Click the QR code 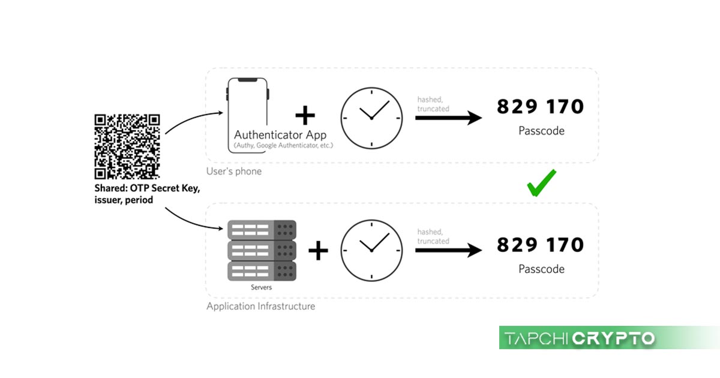point(127,146)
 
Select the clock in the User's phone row point(371,118)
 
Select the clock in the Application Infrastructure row point(371,251)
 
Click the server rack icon point(262,250)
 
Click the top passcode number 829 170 point(540,107)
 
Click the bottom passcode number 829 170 point(540,245)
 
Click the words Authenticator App point(280,134)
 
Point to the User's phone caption point(234,172)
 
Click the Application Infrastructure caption point(260,307)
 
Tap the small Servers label point(261,287)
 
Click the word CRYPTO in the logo point(613,338)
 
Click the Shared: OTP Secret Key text point(147,189)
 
